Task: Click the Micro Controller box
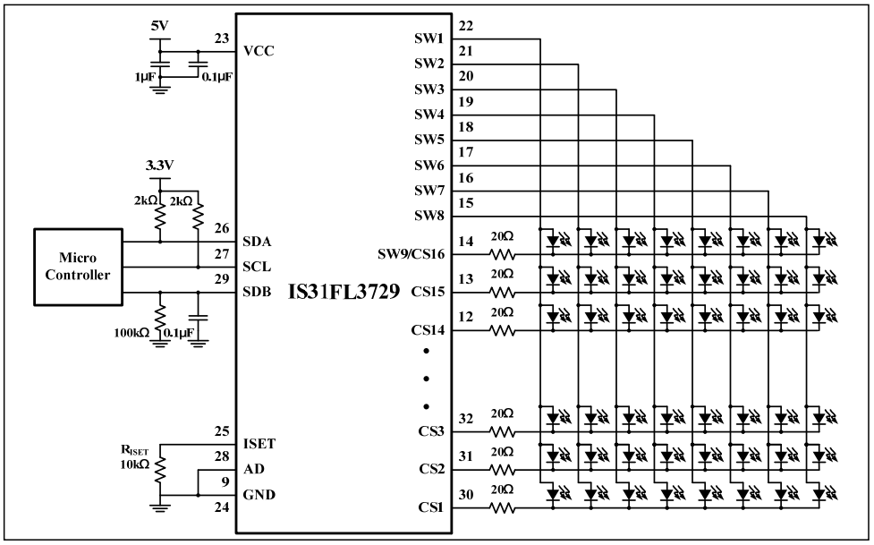[x=78, y=267]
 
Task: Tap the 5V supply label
[x=159, y=27]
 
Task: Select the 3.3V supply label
[x=158, y=166]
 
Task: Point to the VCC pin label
[x=259, y=51]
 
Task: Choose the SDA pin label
[x=259, y=242]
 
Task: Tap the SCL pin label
[x=258, y=268]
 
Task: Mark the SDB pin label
[x=258, y=293]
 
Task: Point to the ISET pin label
[x=260, y=444]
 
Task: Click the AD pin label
[x=253, y=469]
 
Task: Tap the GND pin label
[x=259, y=495]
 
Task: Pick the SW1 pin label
[x=429, y=39]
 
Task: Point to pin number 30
[x=465, y=495]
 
